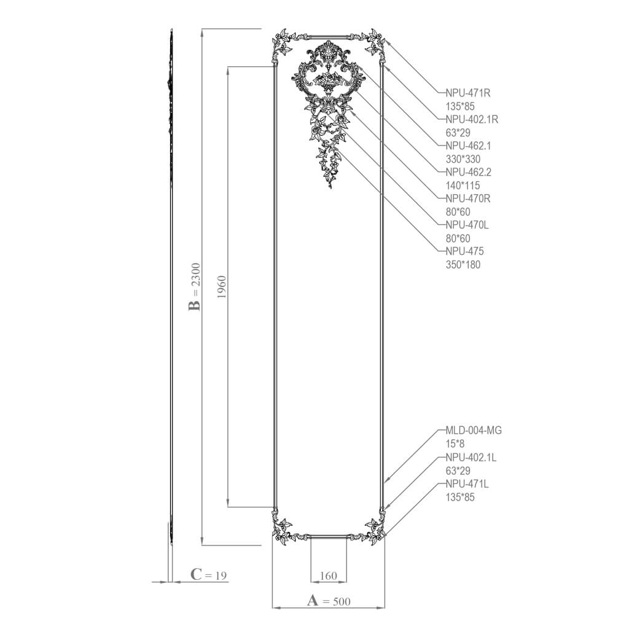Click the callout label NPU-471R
(x=467, y=93)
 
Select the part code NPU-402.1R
(x=472, y=120)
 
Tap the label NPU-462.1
(x=468, y=146)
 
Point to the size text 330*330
(x=463, y=159)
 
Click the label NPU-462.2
(x=468, y=172)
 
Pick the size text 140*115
(x=463, y=186)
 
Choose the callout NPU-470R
(x=467, y=198)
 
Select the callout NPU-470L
(x=467, y=225)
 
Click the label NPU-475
(x=464, y=251)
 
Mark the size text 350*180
(x=463, y=265)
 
